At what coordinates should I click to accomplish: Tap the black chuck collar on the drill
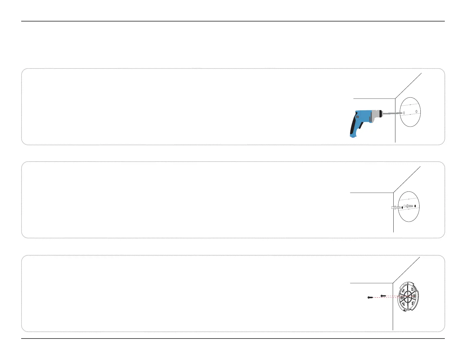point(381,114)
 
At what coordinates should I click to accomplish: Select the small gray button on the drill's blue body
point(357,117)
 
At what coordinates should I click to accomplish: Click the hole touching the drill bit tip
point(404,113)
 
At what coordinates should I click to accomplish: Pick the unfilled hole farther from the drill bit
point(417,111)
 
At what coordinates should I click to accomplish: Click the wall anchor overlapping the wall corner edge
point(395,208)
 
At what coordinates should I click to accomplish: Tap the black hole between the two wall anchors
point(402,207)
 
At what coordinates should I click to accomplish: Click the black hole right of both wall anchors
point(415,206)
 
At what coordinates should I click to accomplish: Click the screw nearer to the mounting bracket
point(383,296)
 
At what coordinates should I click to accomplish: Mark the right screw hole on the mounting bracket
point(415,295)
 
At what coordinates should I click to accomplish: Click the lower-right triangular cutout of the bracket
point(413,303)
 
